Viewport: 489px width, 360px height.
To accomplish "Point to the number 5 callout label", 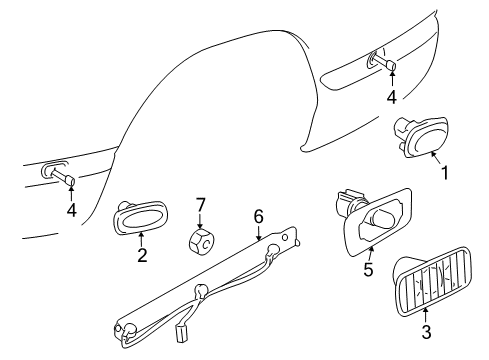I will click(x=369, y=270).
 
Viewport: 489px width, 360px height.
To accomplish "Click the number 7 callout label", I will click(x=199, y=204).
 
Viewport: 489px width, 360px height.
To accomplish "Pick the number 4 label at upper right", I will click(x=393, y=98).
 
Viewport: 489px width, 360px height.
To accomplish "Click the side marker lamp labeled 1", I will click(x=420, y=136).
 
